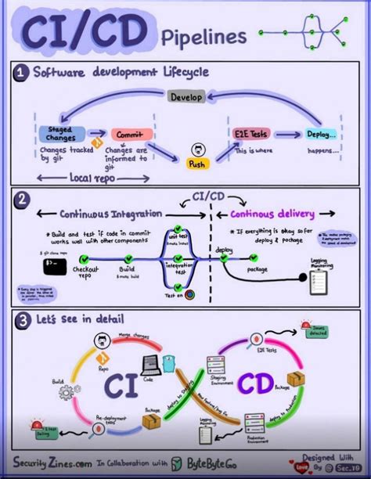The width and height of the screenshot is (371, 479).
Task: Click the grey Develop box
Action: tap(186, 97)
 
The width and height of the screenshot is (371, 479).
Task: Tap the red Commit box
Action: tap(131, 134)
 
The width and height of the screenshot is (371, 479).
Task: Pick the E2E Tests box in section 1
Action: tap(250, 134)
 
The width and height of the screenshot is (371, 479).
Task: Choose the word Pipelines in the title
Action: tap(203, 35)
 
